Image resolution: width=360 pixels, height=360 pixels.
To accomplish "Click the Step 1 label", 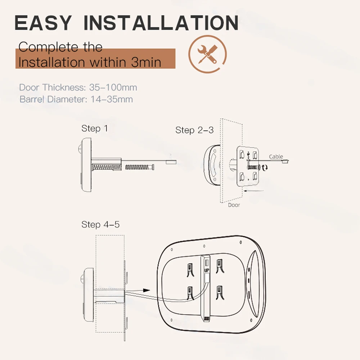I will click(94, 129).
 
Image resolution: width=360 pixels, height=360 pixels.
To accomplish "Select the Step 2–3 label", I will click(194, 130).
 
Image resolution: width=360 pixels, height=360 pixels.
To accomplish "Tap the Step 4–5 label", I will click(100, 225).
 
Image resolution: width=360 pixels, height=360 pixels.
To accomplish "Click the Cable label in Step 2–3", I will click(276, 157).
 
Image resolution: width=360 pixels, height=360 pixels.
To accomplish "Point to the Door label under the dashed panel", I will click(234, 205).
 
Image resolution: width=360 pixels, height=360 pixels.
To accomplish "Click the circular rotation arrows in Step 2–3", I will click(265, 167).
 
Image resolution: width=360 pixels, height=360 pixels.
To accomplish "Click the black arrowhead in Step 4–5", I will click(146, 290).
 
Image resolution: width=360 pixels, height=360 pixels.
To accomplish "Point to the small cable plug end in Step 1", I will click(170, 162).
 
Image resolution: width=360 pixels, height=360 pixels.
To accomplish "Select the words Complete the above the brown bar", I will click(60, 47).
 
